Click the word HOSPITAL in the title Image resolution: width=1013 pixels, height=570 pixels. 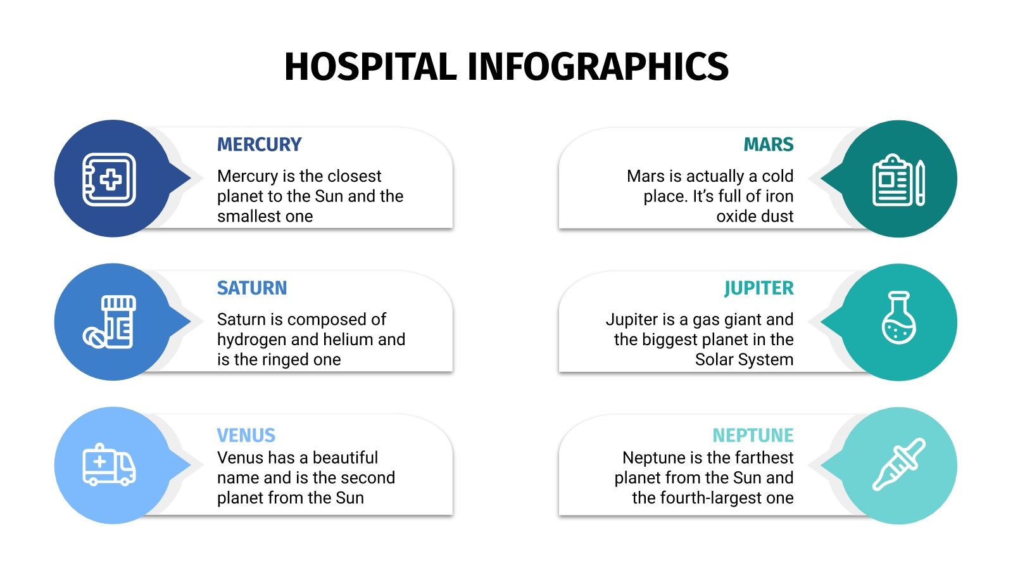(370, 67)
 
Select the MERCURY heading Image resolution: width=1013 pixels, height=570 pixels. (259, 144)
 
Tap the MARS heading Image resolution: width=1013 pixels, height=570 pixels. (768, 144)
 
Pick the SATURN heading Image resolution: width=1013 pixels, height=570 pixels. (251, 288)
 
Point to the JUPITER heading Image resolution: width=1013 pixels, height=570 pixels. (758, 288)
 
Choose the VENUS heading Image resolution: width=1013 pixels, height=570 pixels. (246, 435)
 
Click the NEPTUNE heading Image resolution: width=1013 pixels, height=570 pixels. (753, 435)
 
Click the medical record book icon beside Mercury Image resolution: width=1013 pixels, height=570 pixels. (110, 179)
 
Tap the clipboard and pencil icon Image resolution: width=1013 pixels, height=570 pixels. (898, 180)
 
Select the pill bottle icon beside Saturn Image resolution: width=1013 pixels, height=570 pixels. (110, 322)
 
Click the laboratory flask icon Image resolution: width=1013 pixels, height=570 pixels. (898, 318)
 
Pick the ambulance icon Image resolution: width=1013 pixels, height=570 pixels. (109, 465)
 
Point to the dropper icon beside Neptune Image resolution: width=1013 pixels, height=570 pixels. (898, 464)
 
